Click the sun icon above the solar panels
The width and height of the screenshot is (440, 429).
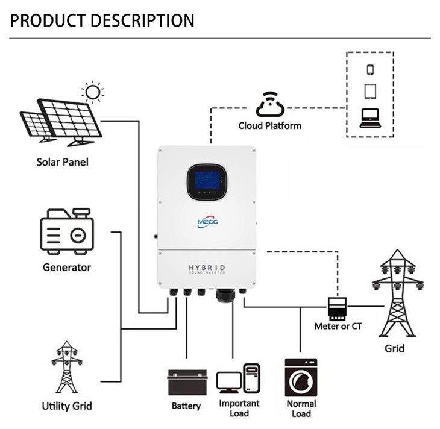click(x=92, y=92)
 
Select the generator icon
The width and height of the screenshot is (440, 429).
click(x=66, y=231)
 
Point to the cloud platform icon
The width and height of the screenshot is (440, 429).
click(x=269, y=105)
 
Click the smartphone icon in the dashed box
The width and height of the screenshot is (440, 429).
click(x=370, y=69)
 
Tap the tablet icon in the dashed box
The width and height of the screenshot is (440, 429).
click(x=370, y=92)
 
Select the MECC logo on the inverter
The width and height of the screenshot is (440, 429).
click(x=207, y=221)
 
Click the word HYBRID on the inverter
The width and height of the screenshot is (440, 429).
click(x=207, y=267)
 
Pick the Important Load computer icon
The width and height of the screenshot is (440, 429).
click(x=238, y=379)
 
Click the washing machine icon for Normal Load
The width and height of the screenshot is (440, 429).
click(x=301, y=377)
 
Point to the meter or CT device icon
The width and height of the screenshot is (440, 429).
click(x=336, y=308)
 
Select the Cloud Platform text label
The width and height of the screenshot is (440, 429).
click(x=269, y=126)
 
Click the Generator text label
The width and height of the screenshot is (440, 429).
click(x=66, y=266)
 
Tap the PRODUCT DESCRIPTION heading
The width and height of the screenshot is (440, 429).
click(x=102, y=20)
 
